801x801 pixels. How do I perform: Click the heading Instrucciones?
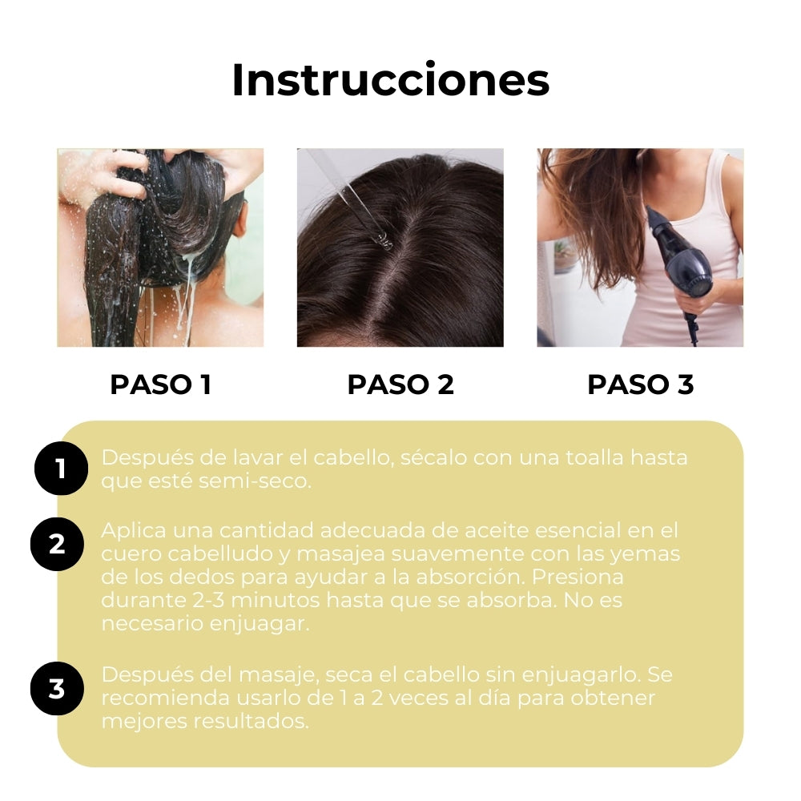tap(390, 80)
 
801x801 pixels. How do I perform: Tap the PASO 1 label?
tap(160, 384)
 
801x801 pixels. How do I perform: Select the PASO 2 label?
tap(400, 384)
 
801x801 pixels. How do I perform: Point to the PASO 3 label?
tap(640, 384)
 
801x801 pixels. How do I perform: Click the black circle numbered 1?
tap(61, 469)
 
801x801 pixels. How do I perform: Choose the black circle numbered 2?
tap(57, 544)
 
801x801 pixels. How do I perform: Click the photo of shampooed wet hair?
tap(160, 248)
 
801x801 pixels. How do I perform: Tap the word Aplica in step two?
tap(130, 531)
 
